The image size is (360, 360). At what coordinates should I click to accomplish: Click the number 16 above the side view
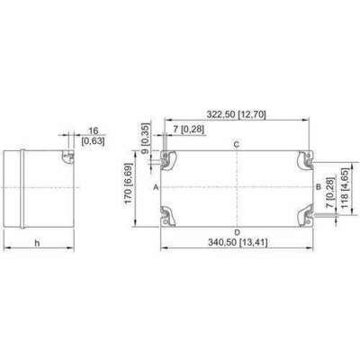point(94,130)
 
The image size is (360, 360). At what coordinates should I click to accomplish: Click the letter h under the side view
point(37,243)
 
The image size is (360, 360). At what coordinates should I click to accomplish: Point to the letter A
point(156,187)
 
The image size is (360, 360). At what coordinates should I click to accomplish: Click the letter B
point(319,187)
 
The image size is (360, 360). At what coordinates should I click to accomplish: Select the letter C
point(237,145)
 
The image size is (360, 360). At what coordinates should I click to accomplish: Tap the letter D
point(237,232)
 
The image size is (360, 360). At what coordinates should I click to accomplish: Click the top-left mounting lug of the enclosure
point(167,159)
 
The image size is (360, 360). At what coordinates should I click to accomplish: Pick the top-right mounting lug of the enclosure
point(305,159)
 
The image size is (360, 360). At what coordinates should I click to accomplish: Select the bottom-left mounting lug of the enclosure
point(167,216)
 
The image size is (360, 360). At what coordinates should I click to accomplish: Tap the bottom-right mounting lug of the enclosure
point(305,215)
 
